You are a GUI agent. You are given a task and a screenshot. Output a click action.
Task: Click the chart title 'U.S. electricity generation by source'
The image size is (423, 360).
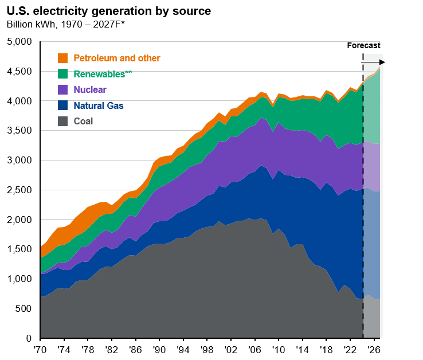coord(108,11)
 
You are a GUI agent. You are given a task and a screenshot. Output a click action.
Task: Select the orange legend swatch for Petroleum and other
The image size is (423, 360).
coord(63,58)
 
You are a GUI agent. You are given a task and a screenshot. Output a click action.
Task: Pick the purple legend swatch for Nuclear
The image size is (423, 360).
coord(63,89)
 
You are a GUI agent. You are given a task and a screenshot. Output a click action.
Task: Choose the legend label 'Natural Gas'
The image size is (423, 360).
coord(99,105)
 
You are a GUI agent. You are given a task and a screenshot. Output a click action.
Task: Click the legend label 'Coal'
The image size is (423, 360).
coord(83,121)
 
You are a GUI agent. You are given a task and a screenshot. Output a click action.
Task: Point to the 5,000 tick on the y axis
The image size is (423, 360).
coord(20,42)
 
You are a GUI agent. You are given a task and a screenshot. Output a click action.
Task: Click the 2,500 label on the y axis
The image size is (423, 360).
coord(20,190)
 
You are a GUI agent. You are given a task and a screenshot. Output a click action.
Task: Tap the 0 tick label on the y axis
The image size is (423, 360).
coord(29,338)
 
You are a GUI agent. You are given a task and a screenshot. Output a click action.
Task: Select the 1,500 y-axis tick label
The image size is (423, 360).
coord(20,249)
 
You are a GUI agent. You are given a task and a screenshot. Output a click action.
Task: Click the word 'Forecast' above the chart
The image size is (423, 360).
coord(364,45)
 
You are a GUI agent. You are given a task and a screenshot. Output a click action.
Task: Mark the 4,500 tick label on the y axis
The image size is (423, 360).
coord(20,72)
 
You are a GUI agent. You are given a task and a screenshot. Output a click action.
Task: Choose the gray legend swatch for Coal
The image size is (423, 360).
coord(63,121)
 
